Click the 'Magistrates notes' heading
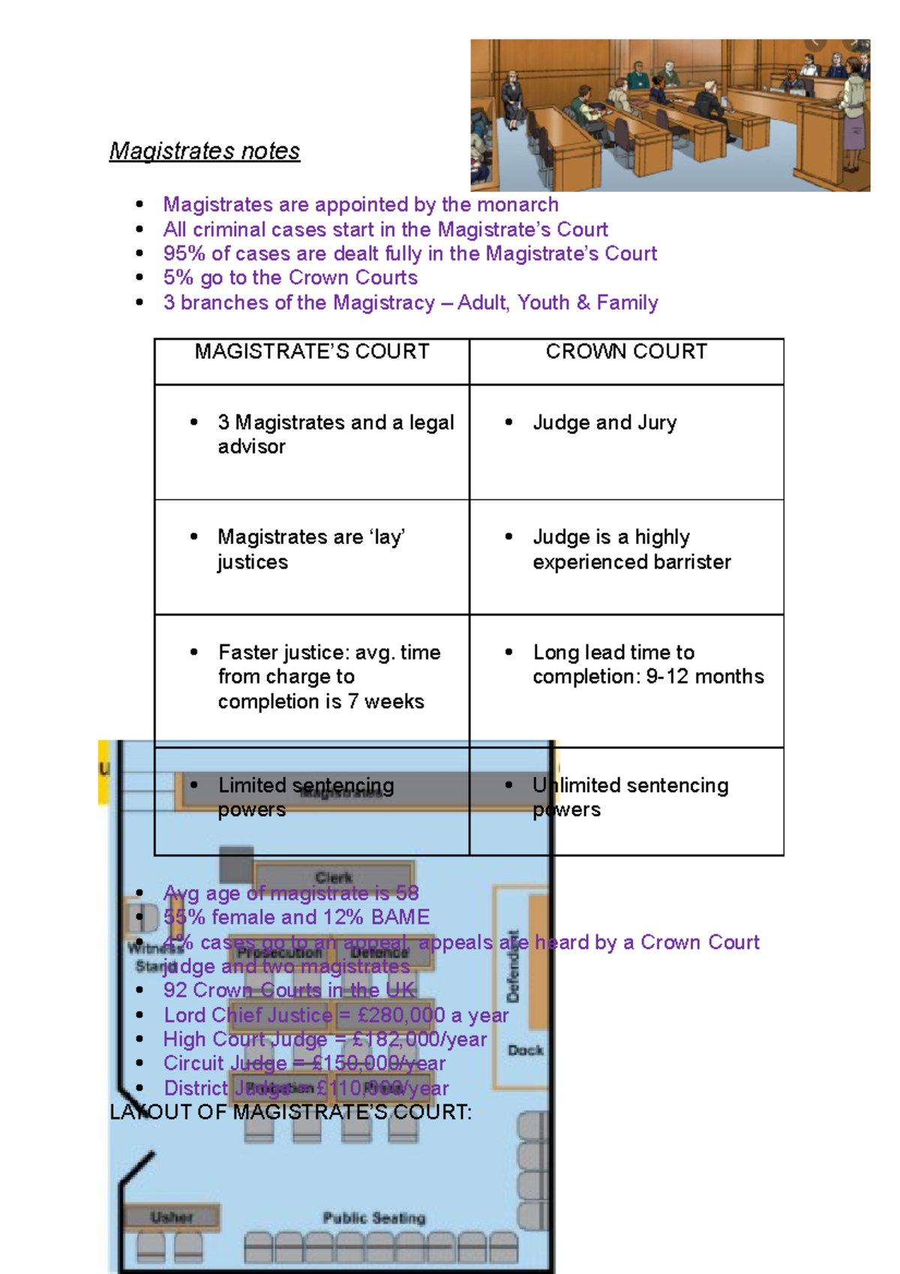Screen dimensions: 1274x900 [x=204, y=151]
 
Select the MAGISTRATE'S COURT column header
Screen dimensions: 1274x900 [x=312, y=352]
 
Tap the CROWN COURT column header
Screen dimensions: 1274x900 [x=626, y=352]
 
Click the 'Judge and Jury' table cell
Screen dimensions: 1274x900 [x=604, y=423]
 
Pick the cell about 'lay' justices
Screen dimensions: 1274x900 [x=311, y=549]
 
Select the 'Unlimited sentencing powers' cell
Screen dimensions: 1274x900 [x=630, y=797]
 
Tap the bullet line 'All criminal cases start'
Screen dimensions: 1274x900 [x=385, y=230]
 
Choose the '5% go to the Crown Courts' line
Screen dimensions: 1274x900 [x=290, y=278]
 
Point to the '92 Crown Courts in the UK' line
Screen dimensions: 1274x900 [x=289, y=990]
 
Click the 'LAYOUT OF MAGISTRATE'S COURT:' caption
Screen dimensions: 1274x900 [x=291, y=1112]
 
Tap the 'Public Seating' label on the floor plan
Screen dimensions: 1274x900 [x=373, y=1218]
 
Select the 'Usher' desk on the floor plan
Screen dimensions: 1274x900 [x=172, y=1217]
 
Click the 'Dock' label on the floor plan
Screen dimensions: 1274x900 [x=525, y=1050]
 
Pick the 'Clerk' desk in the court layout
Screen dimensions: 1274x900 [x=334, y=876]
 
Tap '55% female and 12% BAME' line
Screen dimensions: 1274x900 [x=296, y=917]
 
